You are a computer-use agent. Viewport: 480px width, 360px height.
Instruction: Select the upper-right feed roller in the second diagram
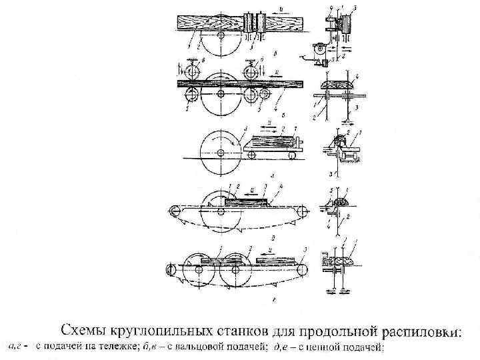point(252,70)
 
